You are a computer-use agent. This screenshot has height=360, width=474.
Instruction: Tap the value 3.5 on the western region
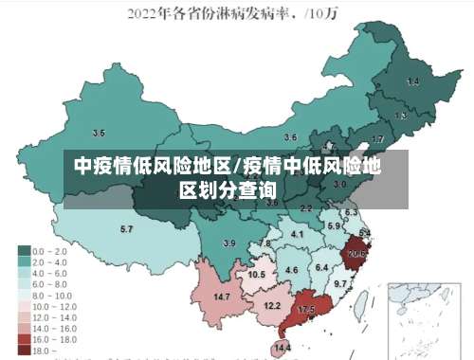[99, 134]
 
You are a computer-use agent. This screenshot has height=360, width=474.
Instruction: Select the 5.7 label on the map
[126, 229]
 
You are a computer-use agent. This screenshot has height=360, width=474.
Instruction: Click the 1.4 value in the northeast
[412, 82]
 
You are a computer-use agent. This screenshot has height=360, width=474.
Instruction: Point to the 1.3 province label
[401, 116]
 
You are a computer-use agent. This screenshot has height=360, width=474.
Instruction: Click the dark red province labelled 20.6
[356, 254]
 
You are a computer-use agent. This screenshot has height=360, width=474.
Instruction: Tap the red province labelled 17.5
[306, 310]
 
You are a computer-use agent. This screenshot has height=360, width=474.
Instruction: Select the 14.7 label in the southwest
[222, 297]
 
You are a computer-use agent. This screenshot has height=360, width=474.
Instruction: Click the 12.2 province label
[272, 305]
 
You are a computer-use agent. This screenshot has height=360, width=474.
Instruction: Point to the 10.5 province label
[256, 275]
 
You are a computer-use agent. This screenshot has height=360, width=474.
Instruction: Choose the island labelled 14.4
[282, 348]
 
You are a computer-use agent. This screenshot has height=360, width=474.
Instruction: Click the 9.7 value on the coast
[341, 284]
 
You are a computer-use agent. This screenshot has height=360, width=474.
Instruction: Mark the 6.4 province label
[322, 268]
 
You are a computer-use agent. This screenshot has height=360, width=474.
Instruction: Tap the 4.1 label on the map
[298, 234]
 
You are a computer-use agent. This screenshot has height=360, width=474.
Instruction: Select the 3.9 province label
[228, 243]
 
